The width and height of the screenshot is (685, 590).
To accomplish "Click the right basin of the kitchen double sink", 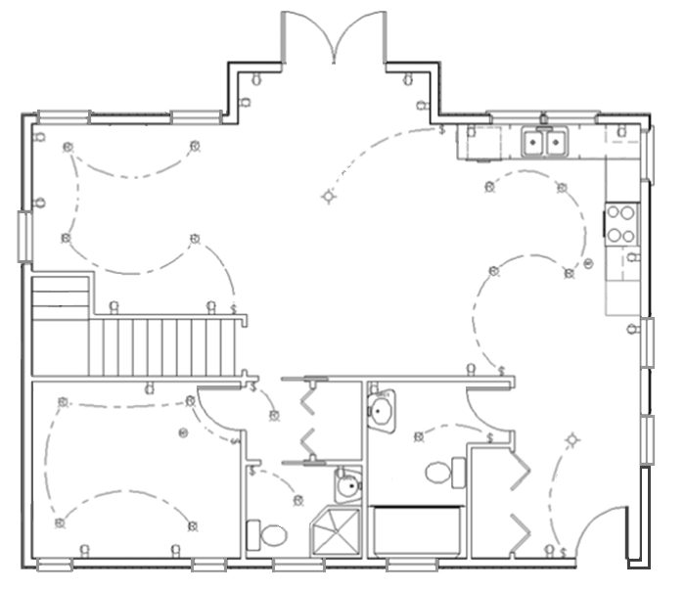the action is (x=555, y=145).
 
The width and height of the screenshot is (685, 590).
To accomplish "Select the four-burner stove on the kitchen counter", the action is (x=621, y=222).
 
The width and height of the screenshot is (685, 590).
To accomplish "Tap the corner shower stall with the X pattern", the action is (x=335, y=532).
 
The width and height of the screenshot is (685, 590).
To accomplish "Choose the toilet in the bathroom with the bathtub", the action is (x=439, y=472).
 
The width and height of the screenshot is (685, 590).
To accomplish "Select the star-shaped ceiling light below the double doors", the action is (x=329, y=198).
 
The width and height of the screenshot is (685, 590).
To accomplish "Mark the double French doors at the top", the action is (x=333, y=39).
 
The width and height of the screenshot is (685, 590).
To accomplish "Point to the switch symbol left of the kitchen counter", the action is (x=442, y=128).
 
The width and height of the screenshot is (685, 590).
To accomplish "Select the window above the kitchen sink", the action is (x=544, y=116).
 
